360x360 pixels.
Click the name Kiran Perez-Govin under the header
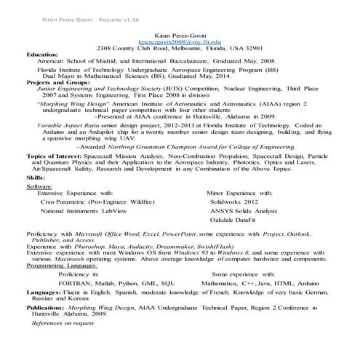180,36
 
